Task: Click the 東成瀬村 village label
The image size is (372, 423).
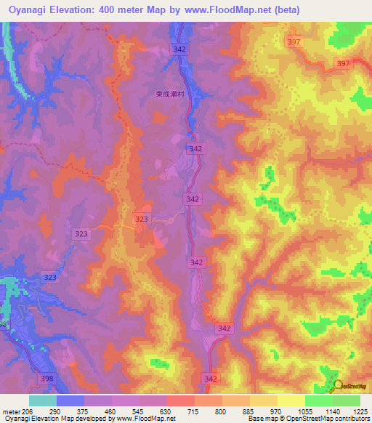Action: click(171, 93)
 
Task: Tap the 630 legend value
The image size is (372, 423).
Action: click(166, 411)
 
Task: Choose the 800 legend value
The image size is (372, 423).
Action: click(222, 411)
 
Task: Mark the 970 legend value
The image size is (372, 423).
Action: click(277, 411)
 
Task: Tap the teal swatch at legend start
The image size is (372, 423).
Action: click(43, 400)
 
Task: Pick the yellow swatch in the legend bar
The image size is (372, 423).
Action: click(291, 400)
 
